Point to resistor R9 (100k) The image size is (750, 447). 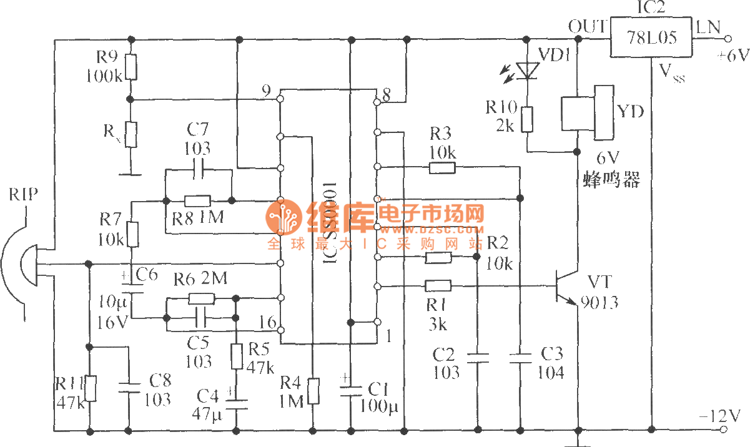pyautogui.click(x=130, y=67)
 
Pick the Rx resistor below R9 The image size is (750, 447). pyautogui.click(x=130, y=134)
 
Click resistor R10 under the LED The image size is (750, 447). pyautogui.click(x=528, y=119)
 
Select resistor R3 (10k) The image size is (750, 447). pyautogui.click(x=442, y=167)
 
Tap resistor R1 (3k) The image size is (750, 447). pyautogui.click(x=438, y=286)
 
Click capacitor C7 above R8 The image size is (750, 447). pyautogui.click(x=199, y=169)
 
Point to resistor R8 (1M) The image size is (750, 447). pyautogui.click(x=198, y=200)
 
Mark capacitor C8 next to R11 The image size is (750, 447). pyautogui.click(x=129, y=387)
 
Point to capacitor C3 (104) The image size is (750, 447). pyautogui.click(x=520, y=358)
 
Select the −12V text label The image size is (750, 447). pyautogui.click(x=722, y=415)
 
